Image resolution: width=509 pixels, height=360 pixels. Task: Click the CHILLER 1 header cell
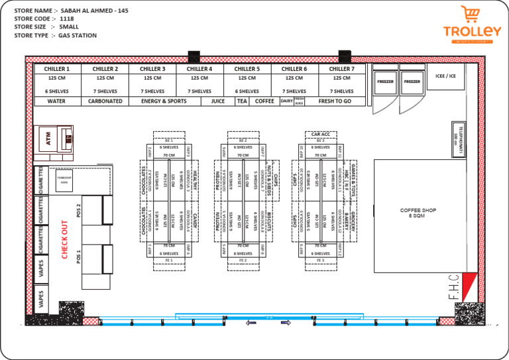58,68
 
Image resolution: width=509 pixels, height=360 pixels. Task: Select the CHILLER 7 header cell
342,68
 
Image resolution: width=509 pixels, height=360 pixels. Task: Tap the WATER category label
58,101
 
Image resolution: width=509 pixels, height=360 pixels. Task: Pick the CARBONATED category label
105,101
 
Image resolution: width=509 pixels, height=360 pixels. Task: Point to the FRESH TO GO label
335,101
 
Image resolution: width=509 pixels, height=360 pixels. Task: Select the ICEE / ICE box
445,76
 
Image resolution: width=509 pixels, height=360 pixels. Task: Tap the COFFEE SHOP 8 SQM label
418,213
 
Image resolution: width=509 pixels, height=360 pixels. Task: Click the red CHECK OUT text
65,239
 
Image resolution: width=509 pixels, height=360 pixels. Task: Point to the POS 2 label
79,211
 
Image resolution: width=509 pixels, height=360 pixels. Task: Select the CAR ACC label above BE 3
320,134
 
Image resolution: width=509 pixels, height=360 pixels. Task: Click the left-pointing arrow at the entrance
251,323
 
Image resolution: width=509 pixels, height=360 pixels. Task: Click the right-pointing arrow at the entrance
286,323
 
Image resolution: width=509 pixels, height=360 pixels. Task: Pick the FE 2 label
243,261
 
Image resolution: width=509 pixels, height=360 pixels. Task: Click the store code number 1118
67,19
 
